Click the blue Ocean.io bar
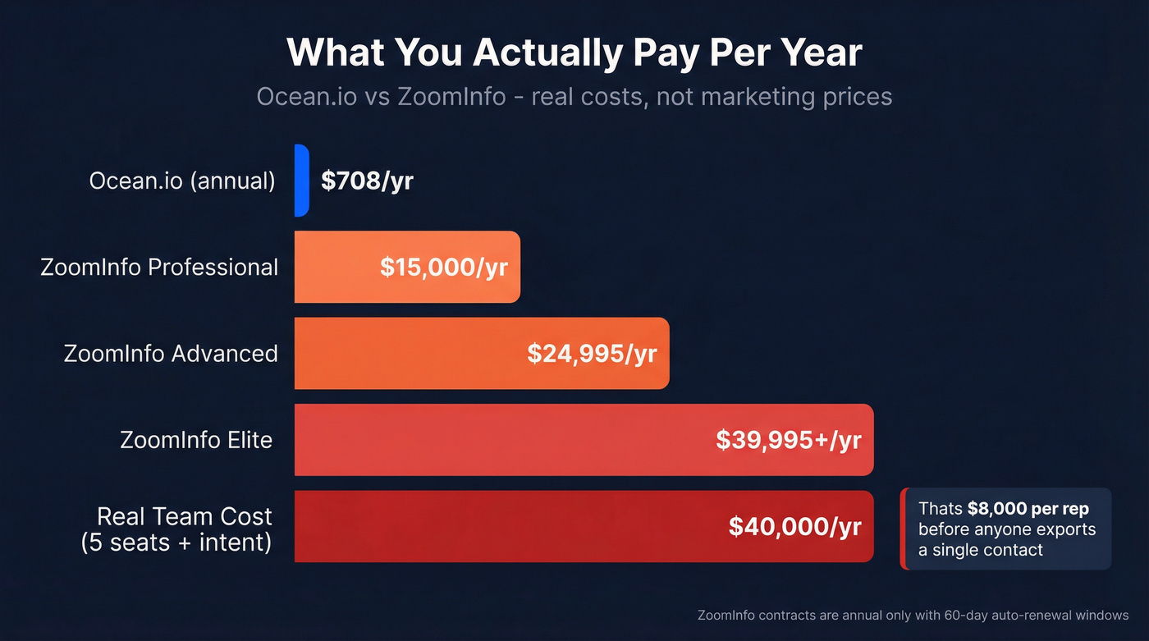point(301,181)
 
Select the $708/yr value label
point(367,181)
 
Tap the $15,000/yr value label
point(443,268)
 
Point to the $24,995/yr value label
point(592,354)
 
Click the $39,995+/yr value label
point(788,440)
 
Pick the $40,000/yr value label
point(794,526)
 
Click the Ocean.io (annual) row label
point(182,181)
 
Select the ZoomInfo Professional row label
point(159,268)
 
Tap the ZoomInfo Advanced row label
point(171,354)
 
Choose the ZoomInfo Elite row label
point(196,440)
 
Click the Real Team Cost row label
point(184,516)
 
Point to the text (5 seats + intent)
point(176,543)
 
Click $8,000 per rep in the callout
point(1028,509)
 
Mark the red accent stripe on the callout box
point(903,529)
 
